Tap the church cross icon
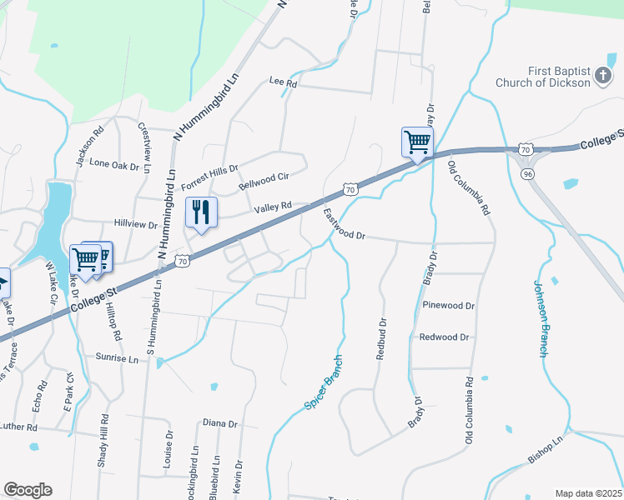603,77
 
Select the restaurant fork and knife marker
201,213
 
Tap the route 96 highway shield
526,173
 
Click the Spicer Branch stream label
323,381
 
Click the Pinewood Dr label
448,306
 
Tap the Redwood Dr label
444,337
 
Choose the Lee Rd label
284,83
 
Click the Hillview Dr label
135,225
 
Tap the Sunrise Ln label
117,359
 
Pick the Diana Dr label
220,423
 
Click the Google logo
28,490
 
